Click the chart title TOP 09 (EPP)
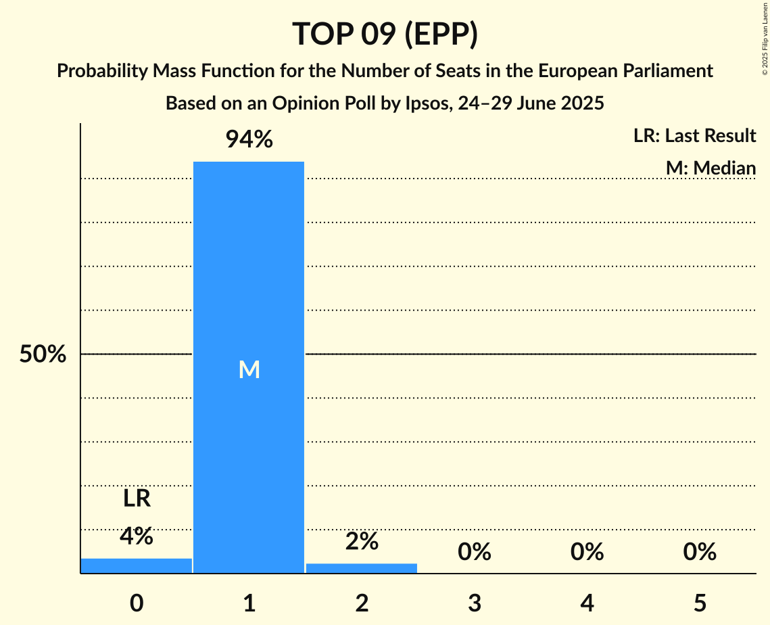385,34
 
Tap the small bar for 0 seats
137,565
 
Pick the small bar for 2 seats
362,568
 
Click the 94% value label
249,140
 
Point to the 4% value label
137,536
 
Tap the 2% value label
362,541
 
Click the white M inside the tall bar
249,369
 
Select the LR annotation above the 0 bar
137,499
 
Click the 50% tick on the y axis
43,354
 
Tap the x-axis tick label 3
475,603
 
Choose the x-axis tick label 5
700,603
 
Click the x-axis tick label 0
137,603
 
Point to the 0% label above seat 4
587,552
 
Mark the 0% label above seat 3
475,552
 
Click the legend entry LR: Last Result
694,136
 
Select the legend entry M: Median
711,168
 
